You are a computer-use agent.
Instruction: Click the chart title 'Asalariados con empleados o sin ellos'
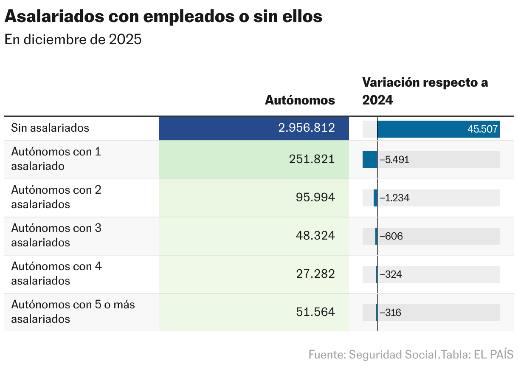163,17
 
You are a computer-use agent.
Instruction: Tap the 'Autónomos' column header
300,100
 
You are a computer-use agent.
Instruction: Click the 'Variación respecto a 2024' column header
425,91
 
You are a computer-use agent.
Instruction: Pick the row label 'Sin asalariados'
50,128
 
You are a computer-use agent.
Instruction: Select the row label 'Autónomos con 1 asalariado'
56,159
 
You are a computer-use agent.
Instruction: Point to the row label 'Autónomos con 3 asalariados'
56,235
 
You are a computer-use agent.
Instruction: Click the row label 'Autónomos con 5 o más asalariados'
73,311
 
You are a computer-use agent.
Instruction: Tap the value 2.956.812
307,128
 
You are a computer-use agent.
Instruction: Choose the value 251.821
312,159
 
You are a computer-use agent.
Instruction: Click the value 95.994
315,198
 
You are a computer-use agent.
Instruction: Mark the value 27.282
315,274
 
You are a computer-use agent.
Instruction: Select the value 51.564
315,312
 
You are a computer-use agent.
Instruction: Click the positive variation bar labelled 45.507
438,129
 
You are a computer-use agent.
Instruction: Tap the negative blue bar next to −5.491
370,160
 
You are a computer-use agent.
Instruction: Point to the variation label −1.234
394,198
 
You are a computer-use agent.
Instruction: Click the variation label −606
391,236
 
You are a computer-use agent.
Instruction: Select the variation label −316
390,313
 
